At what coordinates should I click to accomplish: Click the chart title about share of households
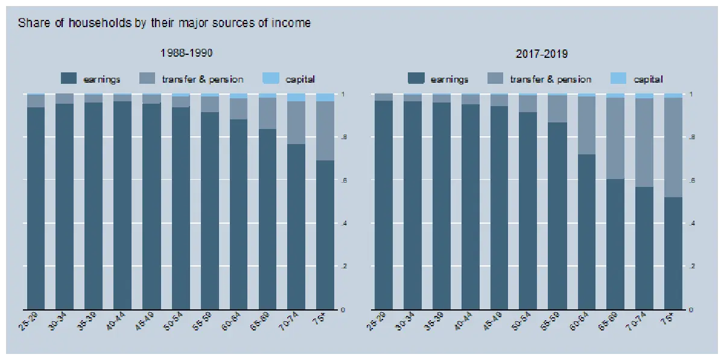click(x=164, y=24)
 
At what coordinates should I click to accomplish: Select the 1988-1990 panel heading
click(x=186, y=53)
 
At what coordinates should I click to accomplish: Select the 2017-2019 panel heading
click(x=541, y=54)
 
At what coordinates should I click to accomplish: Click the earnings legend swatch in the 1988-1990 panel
click(x=69, y=78)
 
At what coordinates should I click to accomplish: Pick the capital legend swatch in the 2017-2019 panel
click(x=618, y=78)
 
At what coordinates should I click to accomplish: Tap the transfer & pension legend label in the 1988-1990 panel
click(x=203, y=79)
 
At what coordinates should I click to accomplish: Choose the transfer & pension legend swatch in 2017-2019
click(x=494, y=78)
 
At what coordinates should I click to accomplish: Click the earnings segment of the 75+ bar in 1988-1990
click(x=325, y=235)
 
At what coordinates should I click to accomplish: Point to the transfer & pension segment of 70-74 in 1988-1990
click(x=296, y=122)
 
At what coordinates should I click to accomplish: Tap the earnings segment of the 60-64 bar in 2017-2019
click(x=586, y=232)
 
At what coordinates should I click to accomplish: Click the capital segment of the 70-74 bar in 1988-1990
click(x=296, y=97)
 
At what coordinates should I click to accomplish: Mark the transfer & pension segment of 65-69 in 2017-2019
click(x=615, y=138)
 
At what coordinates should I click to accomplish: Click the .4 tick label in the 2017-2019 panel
click(x=691, y=224)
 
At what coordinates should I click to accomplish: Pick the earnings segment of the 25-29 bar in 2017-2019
click(x=383, y=205)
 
